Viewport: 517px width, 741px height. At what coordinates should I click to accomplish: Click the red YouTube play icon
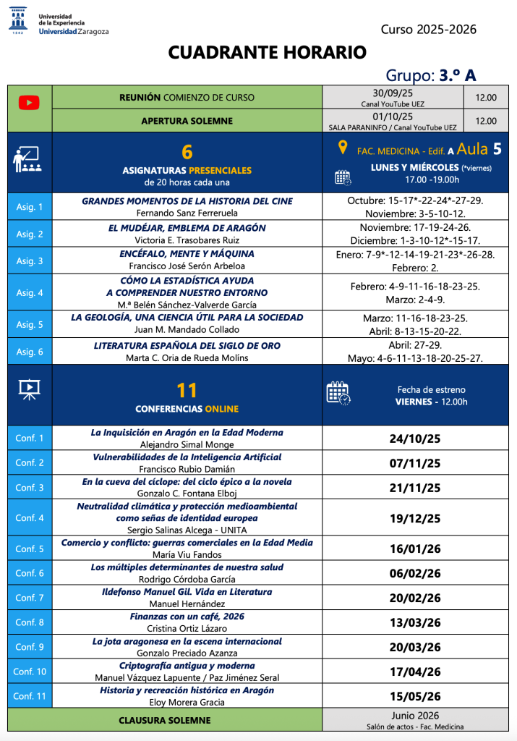coord(29,103)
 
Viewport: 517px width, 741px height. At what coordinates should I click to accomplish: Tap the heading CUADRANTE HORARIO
coord(268,52)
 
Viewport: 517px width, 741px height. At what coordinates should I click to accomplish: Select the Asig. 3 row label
coord(30,261)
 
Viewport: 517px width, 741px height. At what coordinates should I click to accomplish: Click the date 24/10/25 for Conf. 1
coord(415,439)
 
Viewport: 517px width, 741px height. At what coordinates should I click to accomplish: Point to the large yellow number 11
coord(187,390)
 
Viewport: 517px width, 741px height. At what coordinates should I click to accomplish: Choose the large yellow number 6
coord(187,152)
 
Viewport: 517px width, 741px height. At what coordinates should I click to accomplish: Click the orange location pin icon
coord(343,148)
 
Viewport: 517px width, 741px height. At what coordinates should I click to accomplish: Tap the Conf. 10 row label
coord(30,672)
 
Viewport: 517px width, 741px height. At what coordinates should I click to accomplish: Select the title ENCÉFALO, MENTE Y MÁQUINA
coord(187,254)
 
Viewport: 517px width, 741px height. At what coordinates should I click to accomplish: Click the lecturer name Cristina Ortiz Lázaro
coord(187,628)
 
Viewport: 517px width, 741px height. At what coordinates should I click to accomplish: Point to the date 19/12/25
coord(415,518)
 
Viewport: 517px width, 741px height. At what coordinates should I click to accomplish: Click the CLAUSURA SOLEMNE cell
coord(165,720)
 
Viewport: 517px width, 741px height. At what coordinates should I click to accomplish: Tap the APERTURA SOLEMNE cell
coord(187,121)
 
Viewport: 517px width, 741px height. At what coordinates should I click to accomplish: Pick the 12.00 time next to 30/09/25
coord(486,98)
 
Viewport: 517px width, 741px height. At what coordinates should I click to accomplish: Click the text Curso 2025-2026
coord(429,30)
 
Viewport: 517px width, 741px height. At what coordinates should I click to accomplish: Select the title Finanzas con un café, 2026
coord(187,617)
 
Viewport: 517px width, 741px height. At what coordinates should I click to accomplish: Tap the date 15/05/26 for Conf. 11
coord(415,697)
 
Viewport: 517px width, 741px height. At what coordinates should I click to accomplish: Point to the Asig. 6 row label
coord(30,352)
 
